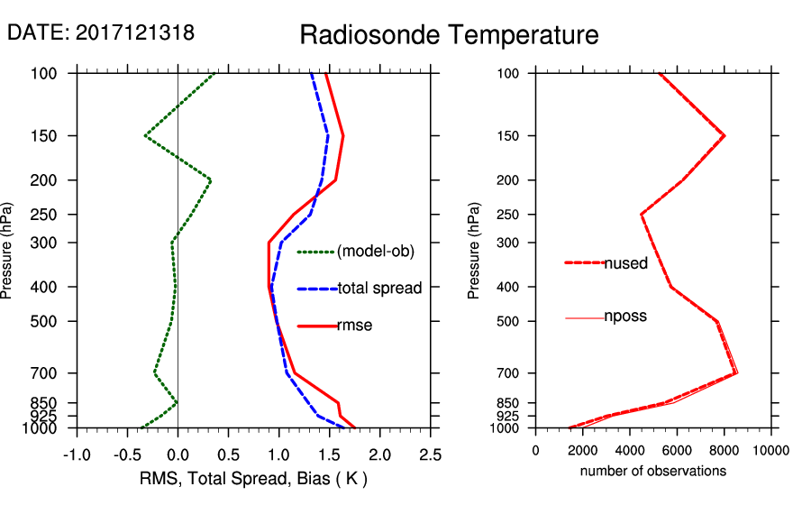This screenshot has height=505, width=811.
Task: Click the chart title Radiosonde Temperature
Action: coord(449,35)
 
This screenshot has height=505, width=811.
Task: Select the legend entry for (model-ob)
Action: coord(375,252)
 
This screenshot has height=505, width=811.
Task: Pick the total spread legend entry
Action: coord(378,289)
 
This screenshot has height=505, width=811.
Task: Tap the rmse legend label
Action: coord(354,326)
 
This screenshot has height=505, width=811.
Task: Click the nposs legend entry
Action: coord(625,317)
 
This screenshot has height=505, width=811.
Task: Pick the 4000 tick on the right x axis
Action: coord(630,451)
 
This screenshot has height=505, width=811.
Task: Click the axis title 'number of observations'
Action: coord(653,471)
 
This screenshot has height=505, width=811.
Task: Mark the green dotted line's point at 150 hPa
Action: coord(145,135)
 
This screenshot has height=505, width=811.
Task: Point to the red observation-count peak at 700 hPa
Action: coord(737,372)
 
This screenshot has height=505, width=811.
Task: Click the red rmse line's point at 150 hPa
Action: coord(343,135)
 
